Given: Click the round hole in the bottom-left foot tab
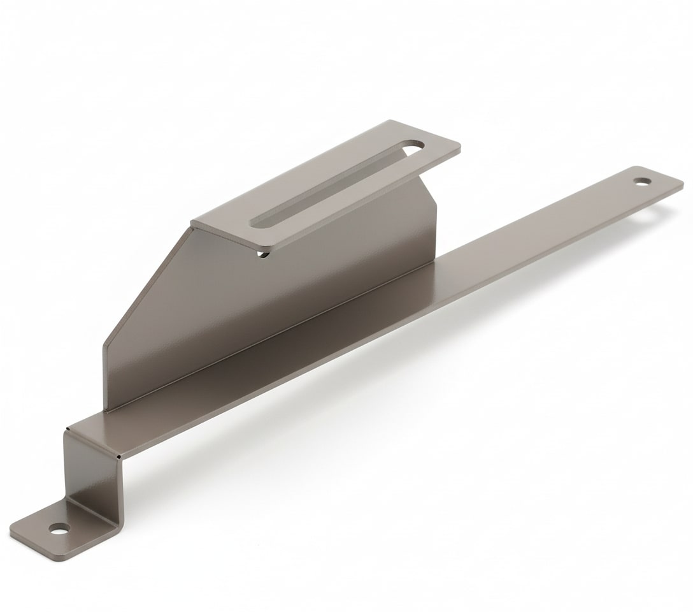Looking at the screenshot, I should pyautogui.click(x=59, y=528).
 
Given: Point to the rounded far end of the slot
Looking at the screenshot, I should pyautogui.click(x=415, y=147).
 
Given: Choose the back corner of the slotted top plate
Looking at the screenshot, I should pyautogui.click(x=391, y=122).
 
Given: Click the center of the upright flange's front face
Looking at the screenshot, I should pyautogui.click(x=268, y=306).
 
